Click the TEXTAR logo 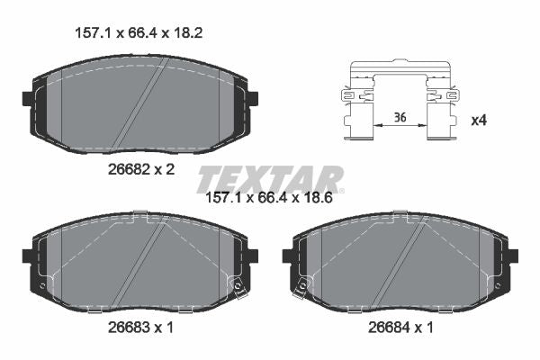[x=270, y=179]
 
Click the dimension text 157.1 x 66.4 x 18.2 [x=139, y=33]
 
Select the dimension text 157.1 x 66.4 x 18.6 [x=268, y=198]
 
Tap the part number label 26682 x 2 [x=141, y=169]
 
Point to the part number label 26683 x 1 [x=141, y=328]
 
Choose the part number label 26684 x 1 [x=400, y=328]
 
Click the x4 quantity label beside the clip [x=479, y=121]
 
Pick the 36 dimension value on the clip [x=400, y=118]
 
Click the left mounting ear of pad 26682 [x=28, y=98]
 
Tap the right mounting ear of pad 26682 [x=253, y=98]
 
